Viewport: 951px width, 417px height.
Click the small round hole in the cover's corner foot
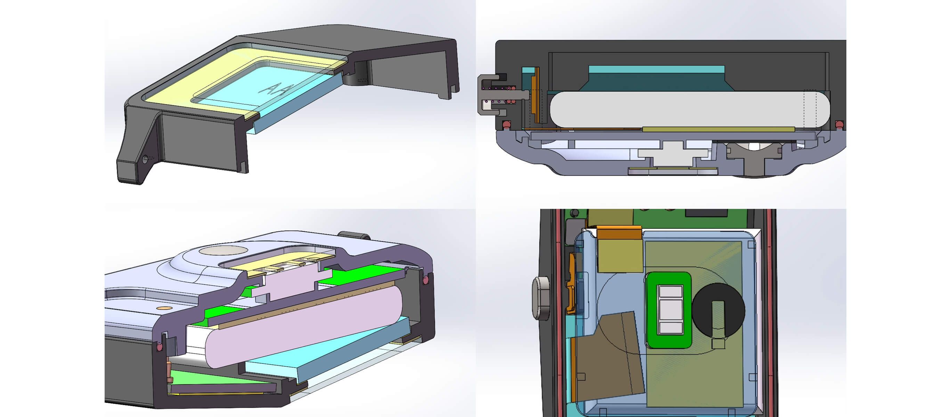pyautogui.click(x=145, y=159)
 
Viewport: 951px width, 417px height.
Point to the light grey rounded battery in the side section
pyautogui.click(x=690, y=109)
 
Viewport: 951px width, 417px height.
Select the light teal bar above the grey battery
pyautogui.click(x=656, y=69)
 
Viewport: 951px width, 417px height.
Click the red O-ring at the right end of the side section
pyautogui.click(x=839, y=124)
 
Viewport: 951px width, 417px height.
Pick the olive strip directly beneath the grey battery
pyautogui.click(x=718, y=129)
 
